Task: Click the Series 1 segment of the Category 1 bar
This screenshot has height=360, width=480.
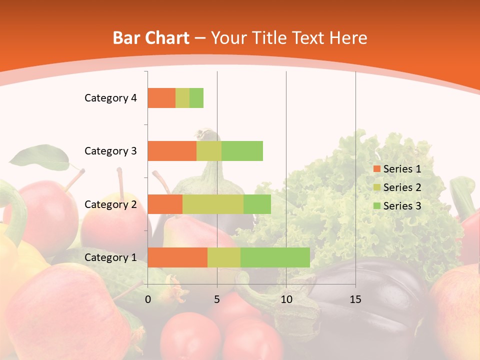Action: click(177, 257)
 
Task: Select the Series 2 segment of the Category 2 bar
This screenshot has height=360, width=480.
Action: click(213, 204)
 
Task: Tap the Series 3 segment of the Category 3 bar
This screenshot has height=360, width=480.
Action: click(242, 151)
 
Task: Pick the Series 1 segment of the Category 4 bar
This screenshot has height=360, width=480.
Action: click(161, 98)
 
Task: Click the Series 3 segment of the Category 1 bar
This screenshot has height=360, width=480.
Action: click(275, 257)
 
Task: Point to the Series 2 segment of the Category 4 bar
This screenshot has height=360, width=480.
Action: click(182, 98)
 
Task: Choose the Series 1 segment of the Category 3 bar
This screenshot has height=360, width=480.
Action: click(172, 151)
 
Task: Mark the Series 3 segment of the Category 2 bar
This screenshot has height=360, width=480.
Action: click(257, 204)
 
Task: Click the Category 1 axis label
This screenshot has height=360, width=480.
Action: click(110, 257)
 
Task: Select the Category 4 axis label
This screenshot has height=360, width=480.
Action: click(110, 98)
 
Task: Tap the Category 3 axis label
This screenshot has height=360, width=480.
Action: click(110, 151)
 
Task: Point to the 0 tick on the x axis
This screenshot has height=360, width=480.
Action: click(148, 299)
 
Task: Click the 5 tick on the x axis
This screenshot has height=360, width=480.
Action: click(217, 299)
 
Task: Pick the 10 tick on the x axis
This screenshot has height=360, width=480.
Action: click(286, 299)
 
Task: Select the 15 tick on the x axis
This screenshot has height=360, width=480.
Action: click(355, 299)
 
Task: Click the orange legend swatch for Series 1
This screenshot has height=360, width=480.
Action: click(376, 169)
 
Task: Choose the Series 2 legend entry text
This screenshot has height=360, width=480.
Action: click(402, 187)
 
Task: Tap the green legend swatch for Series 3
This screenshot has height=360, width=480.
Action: click(376, 206)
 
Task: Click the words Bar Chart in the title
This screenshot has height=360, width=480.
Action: click(151, 38)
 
